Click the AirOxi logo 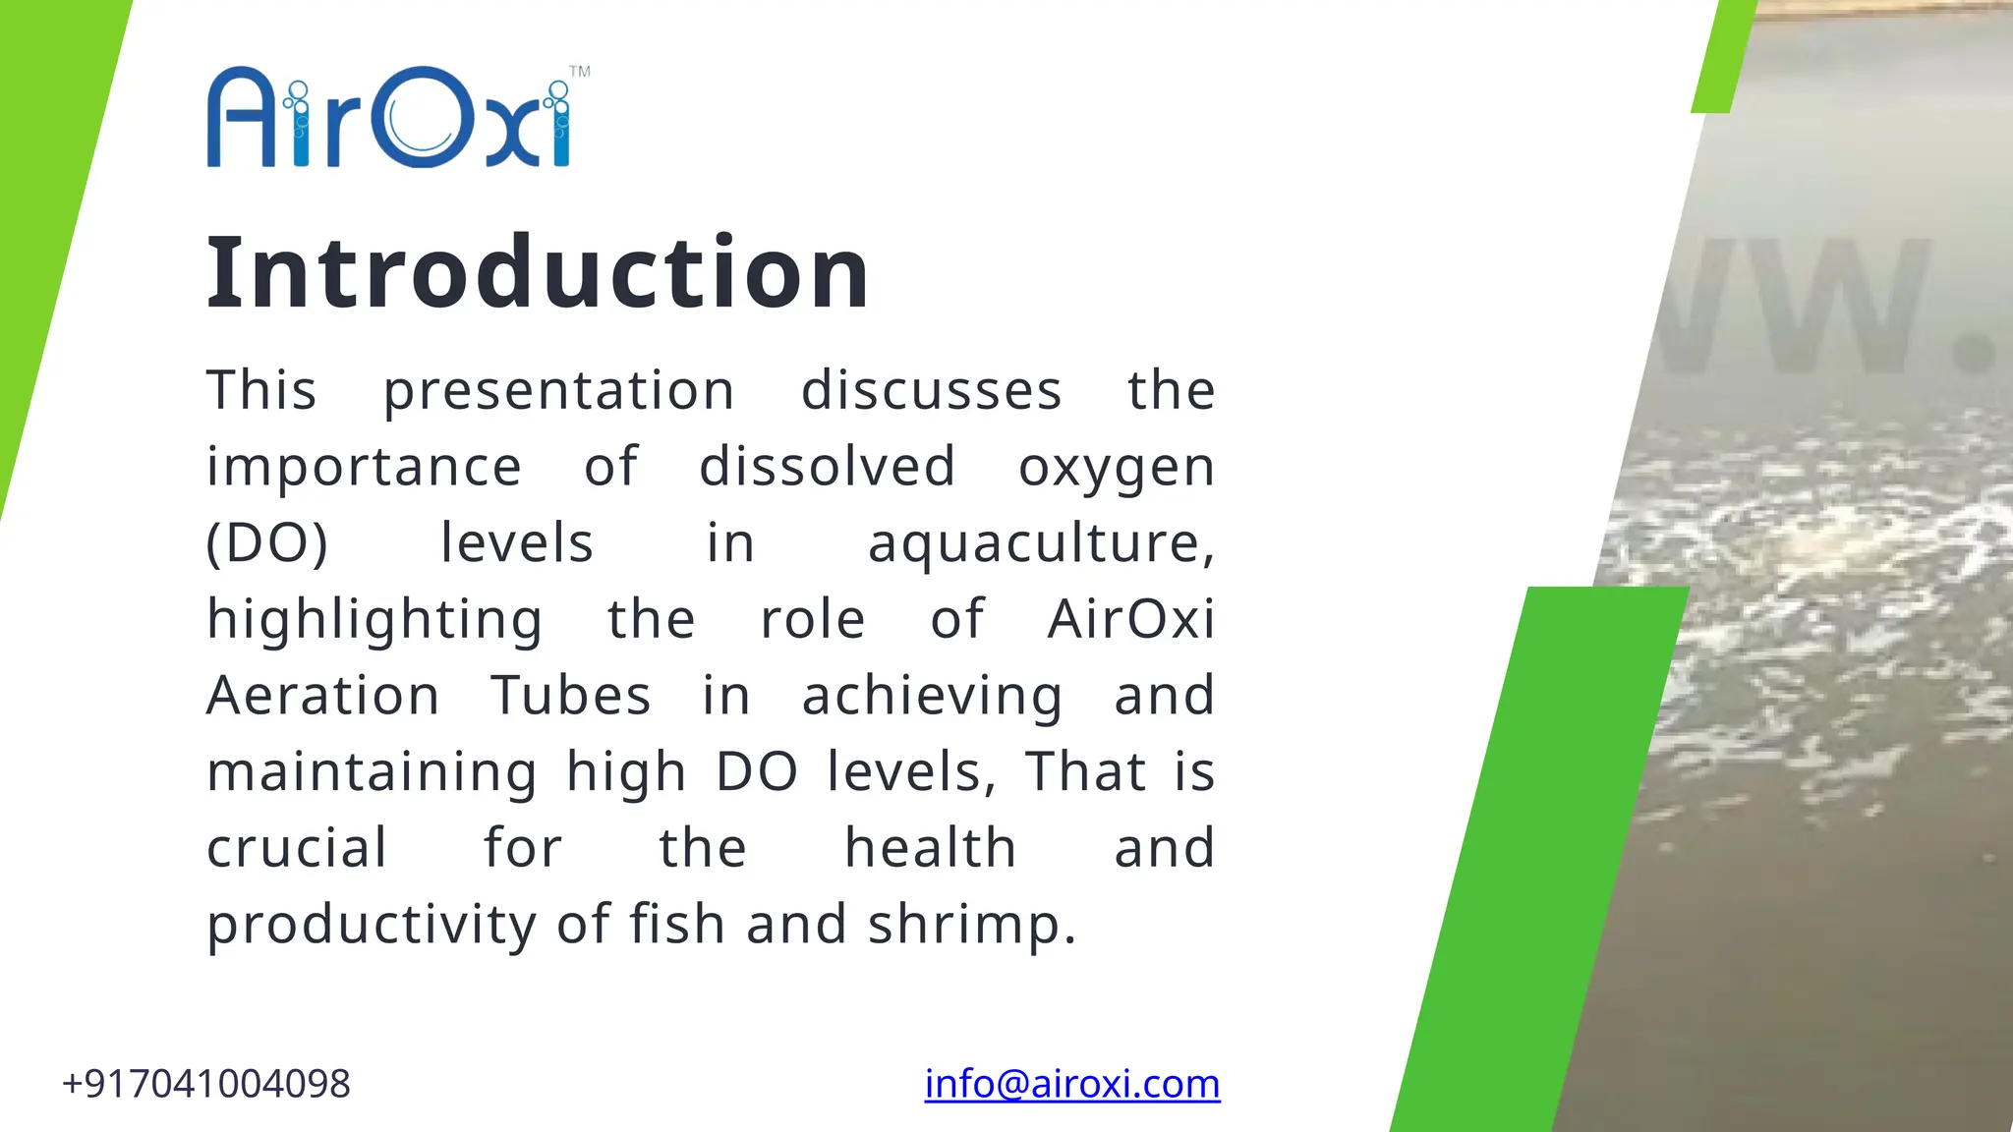(x=389, y=118)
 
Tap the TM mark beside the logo (x=580, y=72)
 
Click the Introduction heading (x=538, y=272)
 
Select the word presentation (x=558, y=391)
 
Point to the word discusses (x=931, y=391)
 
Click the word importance (x=364, y=467)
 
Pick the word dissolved (x=827, y=467)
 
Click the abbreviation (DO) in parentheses (x=266, y=543)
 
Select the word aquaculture (x=1040, y=543)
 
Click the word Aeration (x=323, y=696)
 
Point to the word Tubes (x=571, y=696)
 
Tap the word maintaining (x=372, y=773)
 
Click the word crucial (x=297, y=848)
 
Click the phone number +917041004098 (x=206, y=1084)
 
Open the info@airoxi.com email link (x=1072, y=1084)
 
